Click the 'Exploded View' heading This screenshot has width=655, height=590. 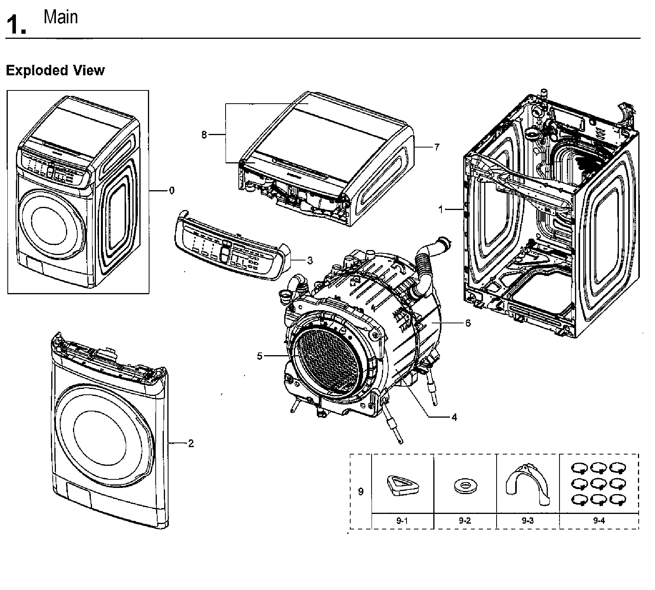pos(55,71)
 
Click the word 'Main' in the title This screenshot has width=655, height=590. pos(61,17)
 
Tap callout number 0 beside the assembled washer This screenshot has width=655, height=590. pos(172,191)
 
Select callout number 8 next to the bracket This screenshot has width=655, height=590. pos(204,135)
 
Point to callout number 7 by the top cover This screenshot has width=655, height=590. pos(437,147)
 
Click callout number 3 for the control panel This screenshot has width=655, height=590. pos(310,261)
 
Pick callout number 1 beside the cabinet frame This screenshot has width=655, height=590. pos(441,210)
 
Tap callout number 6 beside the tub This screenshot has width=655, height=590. pos(468,323)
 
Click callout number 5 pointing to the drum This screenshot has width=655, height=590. pos(260,356)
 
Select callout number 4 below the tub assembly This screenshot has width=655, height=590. pos(454,417)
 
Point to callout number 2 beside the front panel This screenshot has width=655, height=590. pos(191,444)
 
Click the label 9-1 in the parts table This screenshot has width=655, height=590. pos(402,521)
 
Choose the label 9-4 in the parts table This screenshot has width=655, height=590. pos(599,521)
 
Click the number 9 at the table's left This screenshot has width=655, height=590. pos(361,492)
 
